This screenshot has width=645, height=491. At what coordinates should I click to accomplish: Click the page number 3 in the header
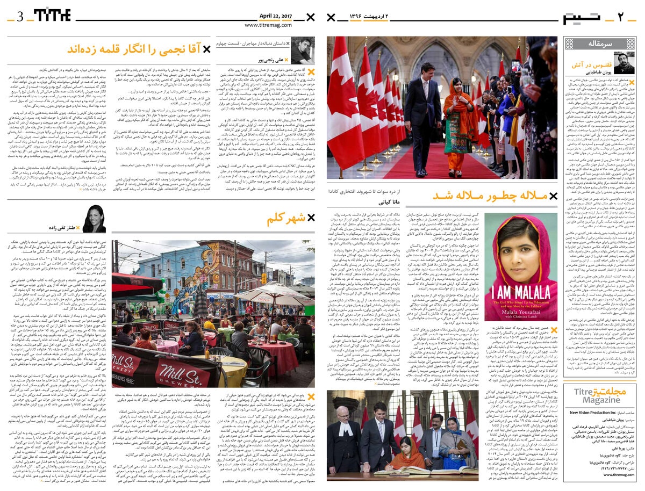pyautogui.click(x=20, y=16)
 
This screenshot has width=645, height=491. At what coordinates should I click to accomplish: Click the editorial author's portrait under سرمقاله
pyautogui.click(x=623, y=62)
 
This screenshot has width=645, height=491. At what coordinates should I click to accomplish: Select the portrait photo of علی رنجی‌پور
pyautogui.click(x=302, y=51)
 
